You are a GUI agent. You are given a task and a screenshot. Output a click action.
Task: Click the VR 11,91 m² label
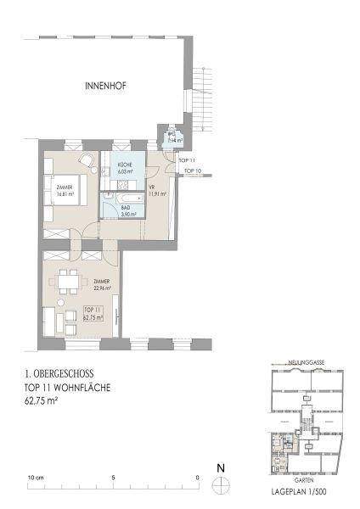click(x=157, y=191)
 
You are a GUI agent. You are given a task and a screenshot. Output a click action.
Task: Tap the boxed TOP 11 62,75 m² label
click(x=93, y=314)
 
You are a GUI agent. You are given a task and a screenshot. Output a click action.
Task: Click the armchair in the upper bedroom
click(x=86, y=160)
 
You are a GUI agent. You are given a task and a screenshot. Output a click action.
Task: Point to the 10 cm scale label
click(x=35, y=477)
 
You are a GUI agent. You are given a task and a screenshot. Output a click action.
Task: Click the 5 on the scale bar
click(x=115, y=477)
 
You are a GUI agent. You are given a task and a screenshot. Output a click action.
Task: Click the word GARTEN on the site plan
click(x=305, y=480)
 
